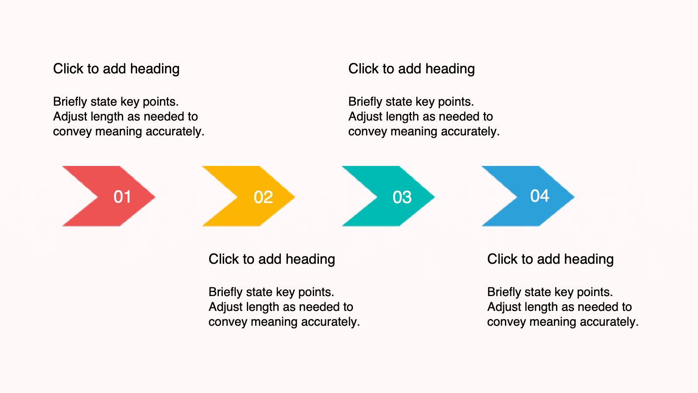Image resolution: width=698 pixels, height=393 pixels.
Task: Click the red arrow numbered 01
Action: pos(109,196)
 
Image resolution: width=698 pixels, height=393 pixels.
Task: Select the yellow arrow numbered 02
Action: pos(249,196)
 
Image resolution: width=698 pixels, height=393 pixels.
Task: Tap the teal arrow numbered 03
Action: pos(388,196)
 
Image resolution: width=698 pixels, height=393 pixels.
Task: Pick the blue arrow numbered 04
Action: pos(528,196)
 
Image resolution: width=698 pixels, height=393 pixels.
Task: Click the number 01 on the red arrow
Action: pos(122,197)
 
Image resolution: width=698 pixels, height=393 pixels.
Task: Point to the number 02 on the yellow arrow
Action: pos(263,197)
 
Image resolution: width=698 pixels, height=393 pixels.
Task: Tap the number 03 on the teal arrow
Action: pos(402,197)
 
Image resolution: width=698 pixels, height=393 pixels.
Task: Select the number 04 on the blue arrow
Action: pos(540,196)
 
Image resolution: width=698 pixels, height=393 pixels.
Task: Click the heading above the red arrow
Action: pos(116,69)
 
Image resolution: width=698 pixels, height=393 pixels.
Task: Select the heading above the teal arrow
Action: pos(411,69)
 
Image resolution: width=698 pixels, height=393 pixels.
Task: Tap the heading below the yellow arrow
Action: pos(272,259)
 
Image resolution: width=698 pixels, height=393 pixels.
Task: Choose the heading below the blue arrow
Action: pos(550,259)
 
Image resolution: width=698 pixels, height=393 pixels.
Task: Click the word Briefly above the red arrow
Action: pos(70,102)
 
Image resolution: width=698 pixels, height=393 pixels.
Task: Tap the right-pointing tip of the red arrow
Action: pos(155,196)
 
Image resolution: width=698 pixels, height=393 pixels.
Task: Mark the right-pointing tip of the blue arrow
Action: pos(574,196)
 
